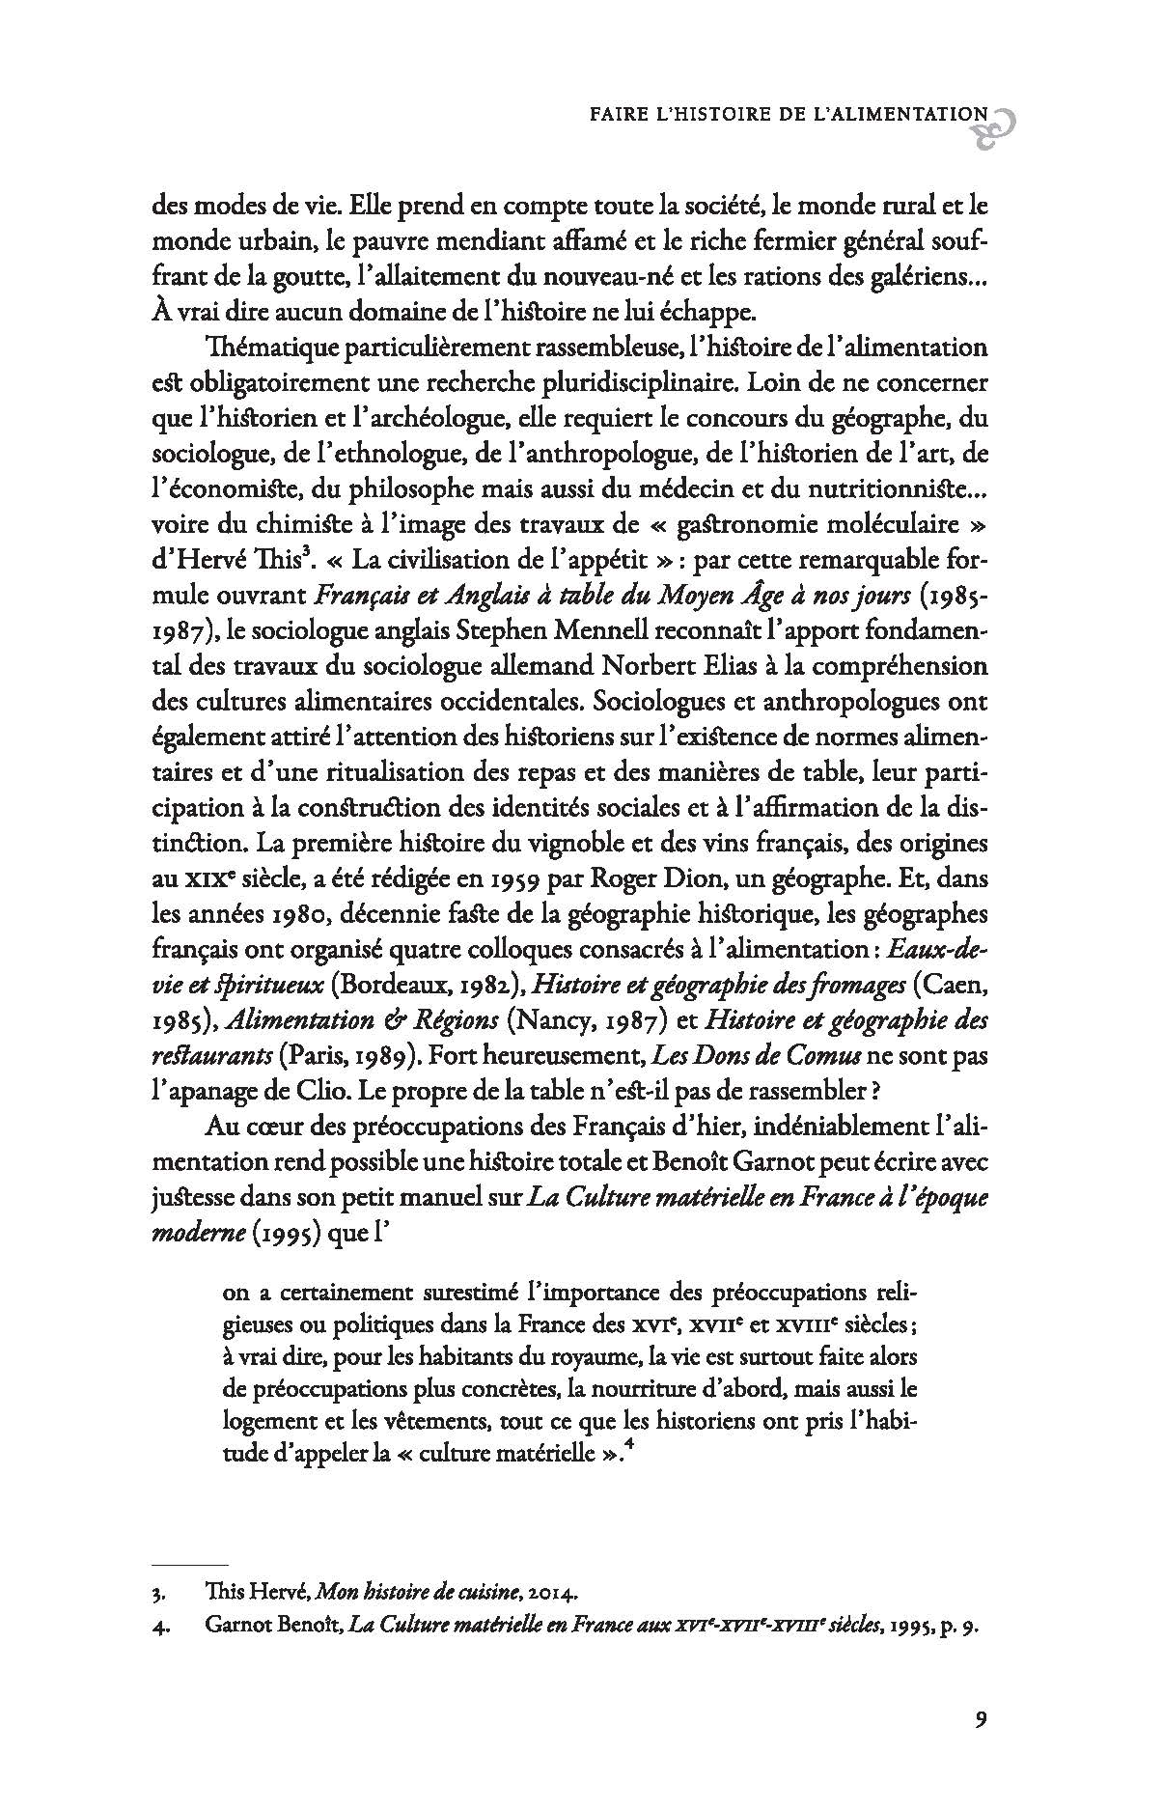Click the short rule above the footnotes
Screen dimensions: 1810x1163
coord(191,1564)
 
